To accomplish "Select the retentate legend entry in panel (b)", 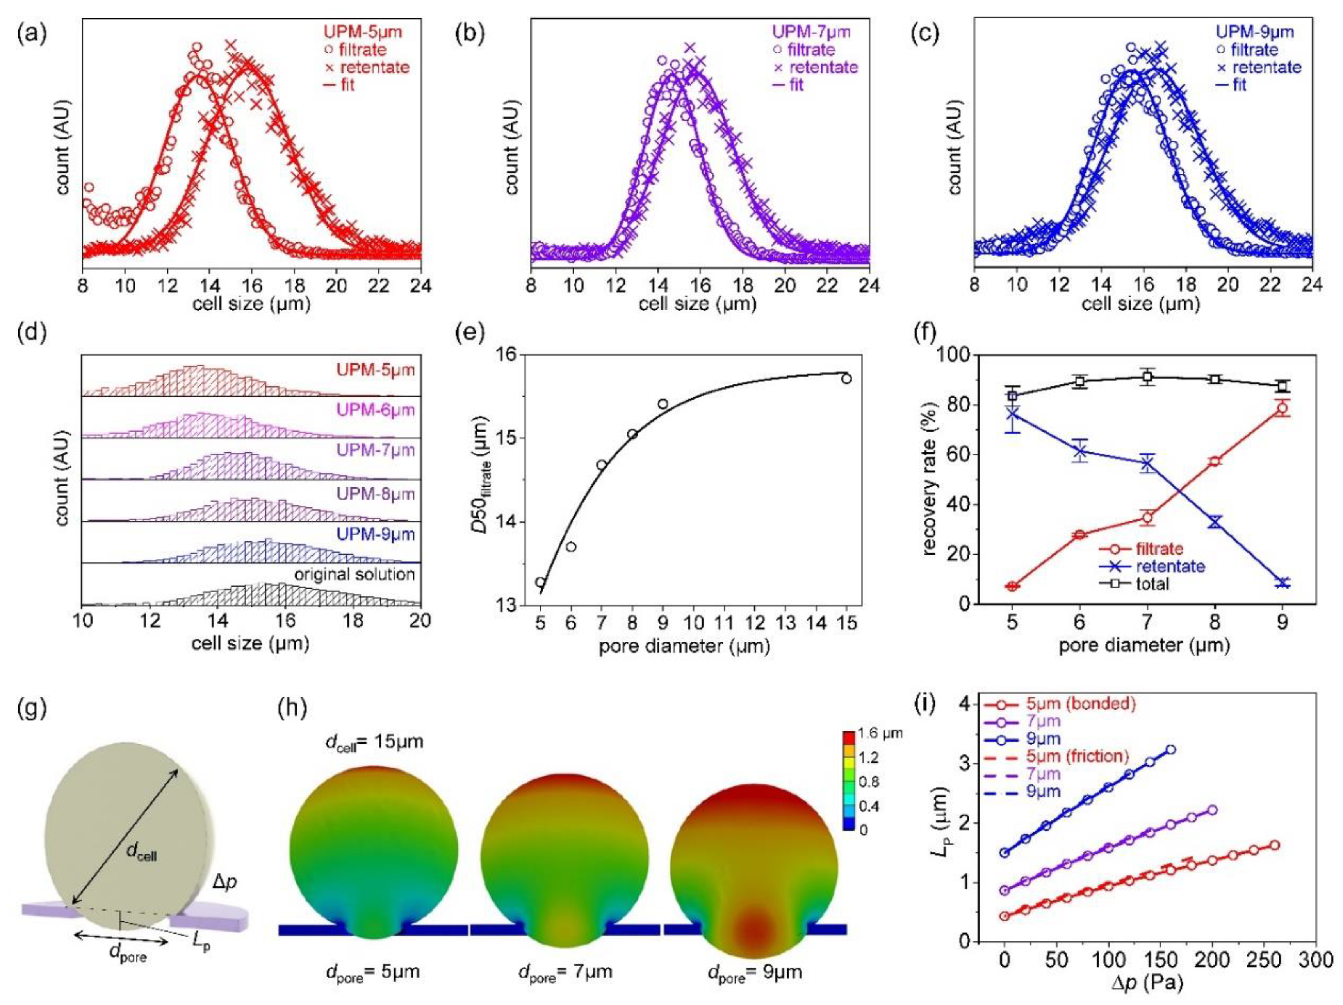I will tap(816, 67).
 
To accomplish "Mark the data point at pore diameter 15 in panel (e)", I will tap(846, 379).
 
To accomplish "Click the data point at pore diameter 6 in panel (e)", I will tap(571, 547).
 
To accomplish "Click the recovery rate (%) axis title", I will tap(930, 479).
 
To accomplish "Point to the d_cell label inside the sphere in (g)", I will tap(141, 854).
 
